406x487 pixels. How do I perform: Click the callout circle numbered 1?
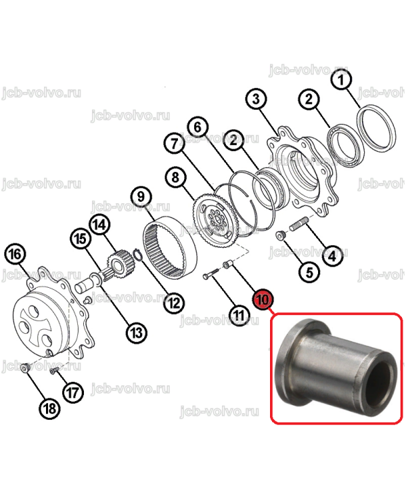tap(341, 79)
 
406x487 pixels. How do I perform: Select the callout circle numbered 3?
tap(256, 100)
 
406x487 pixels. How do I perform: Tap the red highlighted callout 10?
tap(263, 299)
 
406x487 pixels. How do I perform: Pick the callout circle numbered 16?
tap(15, 254)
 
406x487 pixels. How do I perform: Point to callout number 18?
tap(50, 408)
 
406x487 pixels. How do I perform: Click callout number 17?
tap(73, 393)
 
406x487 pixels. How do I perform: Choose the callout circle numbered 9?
tap(141, 196)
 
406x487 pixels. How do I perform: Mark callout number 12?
tap(174, 303)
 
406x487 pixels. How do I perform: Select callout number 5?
tap(309, 273)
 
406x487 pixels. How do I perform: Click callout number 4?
tap(332, 257)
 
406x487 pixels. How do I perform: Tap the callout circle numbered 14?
tap(99, 225)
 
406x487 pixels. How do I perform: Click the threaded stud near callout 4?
tap(298, 225)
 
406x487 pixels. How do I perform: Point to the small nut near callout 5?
tap(281, 236)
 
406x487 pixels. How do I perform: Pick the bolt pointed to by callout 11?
tap(210, 274)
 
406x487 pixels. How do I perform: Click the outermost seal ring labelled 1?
tap(376, 127)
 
